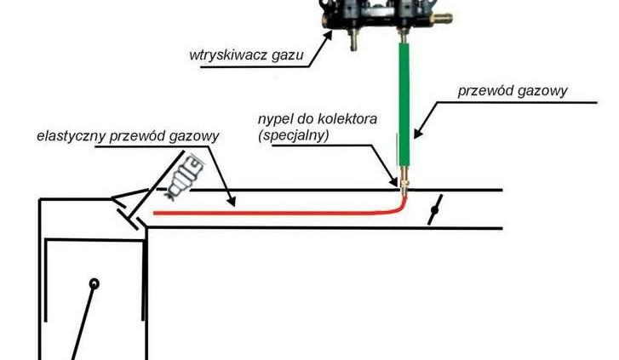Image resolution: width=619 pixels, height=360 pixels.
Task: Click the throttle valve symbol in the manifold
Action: click(x=436, y=209)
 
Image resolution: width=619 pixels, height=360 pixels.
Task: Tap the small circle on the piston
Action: click(x=95, y=283)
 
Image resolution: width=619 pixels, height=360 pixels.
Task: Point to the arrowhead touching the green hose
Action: click(x=419, y=132)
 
